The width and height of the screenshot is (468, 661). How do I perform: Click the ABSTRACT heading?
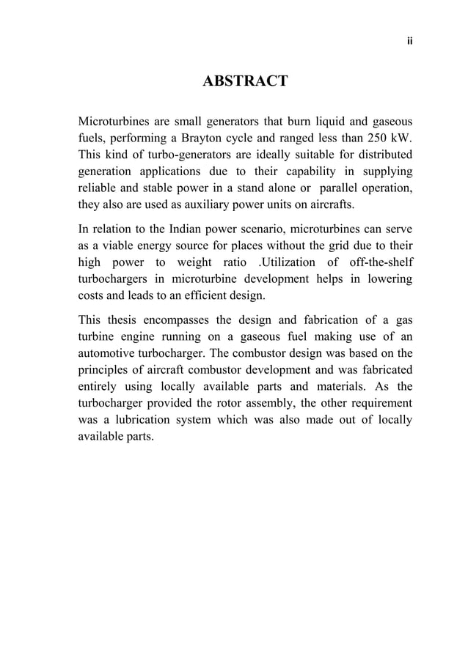(244, 81)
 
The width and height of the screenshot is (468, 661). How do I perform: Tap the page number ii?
(409, 41)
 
